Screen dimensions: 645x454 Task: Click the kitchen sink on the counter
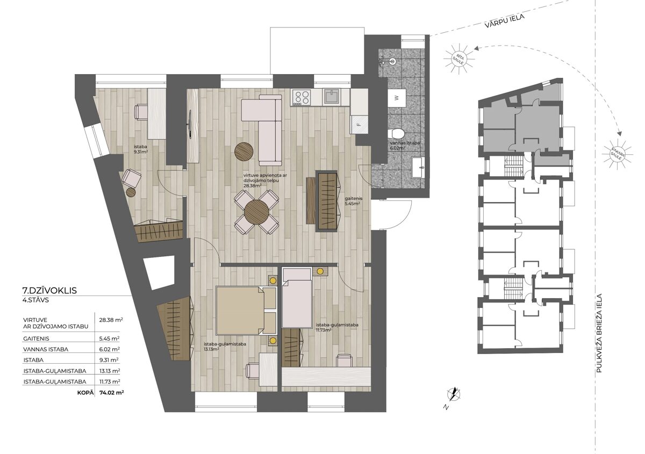tap(333, 97)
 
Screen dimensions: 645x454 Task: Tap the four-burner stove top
tap(302, 97)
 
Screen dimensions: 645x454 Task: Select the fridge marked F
tap(359, 124)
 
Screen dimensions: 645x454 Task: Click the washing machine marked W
tap(397, 98)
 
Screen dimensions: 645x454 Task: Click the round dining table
tap(256, 212)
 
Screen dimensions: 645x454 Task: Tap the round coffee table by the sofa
tap(244, 151)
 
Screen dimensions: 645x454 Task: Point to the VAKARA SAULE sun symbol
tap(618, 154)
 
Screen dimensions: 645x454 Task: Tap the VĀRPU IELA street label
tap(504, 21)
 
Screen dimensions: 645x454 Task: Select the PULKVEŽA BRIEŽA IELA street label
tap(599, 333)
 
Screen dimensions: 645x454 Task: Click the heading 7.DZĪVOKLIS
tap(49, 291)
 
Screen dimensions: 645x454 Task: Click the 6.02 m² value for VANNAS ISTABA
tap(110, 349)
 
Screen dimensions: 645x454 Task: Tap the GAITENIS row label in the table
tap(37, 339)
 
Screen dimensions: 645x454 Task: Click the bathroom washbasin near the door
tap(418, 167)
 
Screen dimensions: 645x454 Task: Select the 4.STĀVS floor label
tap(35, 300)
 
